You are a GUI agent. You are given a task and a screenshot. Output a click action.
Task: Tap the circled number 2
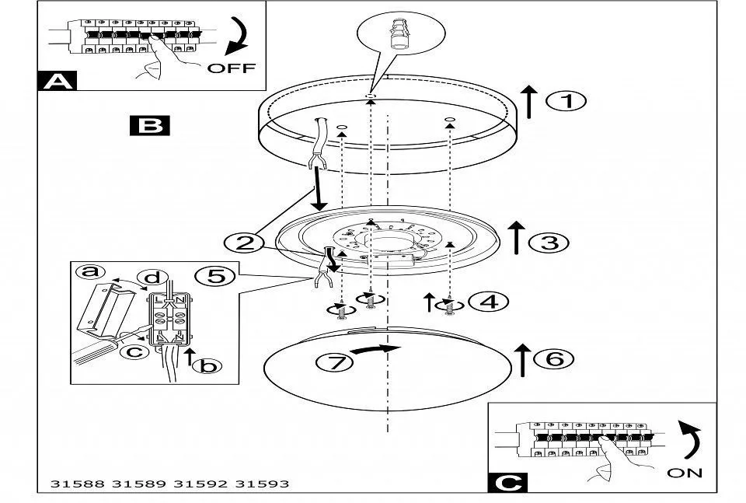(x=244, y=243)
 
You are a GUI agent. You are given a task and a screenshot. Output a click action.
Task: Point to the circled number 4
(x=490, y=302)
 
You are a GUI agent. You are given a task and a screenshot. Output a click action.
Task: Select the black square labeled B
(x=148, y=124)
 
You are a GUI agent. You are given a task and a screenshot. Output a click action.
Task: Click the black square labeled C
(x=506, y=482)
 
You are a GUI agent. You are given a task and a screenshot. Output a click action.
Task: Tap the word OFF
(x=231, y=68)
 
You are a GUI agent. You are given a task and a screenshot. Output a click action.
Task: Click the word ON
(x=684, y=472)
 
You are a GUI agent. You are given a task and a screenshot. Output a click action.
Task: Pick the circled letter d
(x=152, y=278)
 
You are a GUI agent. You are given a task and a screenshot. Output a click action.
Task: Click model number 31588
(x=76, y=484)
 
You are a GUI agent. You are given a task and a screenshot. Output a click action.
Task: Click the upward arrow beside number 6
(x=523, y=358)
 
